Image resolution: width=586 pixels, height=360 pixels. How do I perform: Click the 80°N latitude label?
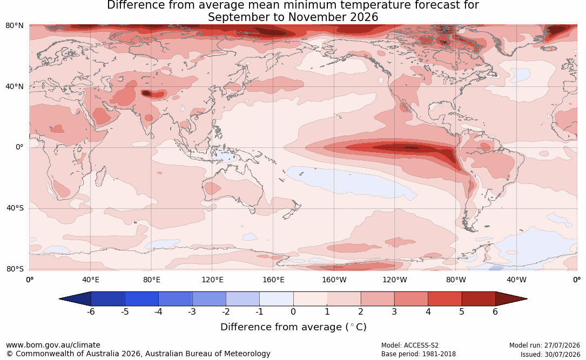click(x=15, y=26)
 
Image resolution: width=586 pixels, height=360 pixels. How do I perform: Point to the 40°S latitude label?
click(x=15, y=208)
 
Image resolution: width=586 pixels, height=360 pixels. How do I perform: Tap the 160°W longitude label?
click(x=334, y=280)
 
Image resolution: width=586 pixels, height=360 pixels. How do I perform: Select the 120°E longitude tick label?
click(x=212, y=280)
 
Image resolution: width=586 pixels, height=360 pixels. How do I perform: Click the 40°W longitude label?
click(x=516, y=280)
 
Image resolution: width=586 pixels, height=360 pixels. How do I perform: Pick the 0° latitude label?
click(x=19, y=147)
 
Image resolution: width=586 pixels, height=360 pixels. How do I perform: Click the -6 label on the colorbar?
click(x=91, y=311)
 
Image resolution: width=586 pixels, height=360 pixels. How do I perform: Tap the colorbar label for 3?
click(x=394, y=311)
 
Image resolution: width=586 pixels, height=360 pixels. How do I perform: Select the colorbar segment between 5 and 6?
click(x=479, y=299)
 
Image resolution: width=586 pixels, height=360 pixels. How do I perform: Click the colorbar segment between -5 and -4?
click(x=142, y=299)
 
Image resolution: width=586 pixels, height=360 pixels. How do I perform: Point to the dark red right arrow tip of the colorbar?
click(x=526, y=299)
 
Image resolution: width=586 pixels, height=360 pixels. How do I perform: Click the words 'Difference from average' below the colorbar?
click(x=281, y=327)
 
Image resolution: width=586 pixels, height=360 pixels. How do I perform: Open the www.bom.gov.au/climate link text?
click(x=53, y=345)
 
